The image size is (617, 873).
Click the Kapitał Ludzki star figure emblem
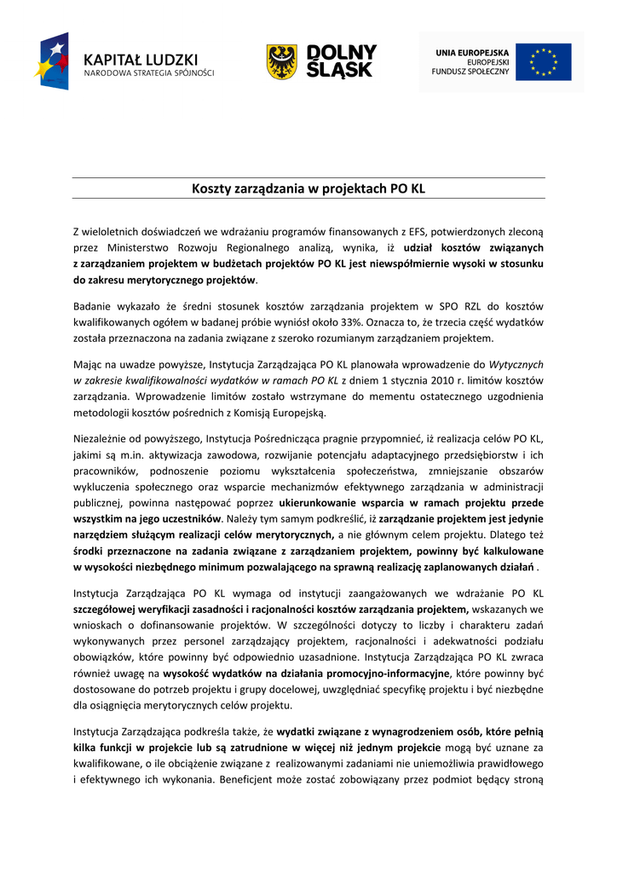point(52,61)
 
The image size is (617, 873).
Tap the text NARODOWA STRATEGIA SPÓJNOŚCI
point(148,74)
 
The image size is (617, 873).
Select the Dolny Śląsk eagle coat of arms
point(281,62)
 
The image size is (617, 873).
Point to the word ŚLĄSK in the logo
point(341,71)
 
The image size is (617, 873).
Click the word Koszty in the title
point(216,188)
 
